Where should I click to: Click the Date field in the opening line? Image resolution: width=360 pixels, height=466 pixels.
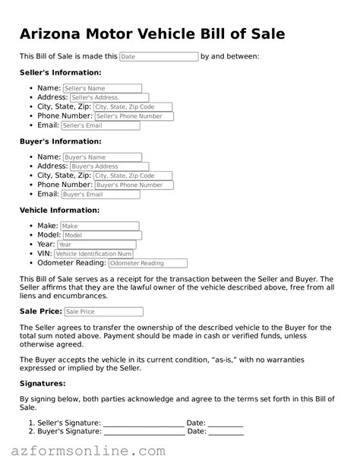coord(159,57)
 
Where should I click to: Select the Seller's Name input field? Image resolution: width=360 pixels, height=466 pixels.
coord(102,88)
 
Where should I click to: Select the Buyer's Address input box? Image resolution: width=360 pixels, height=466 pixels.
coord(109,166)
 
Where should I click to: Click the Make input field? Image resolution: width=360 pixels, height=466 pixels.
coord(99,226)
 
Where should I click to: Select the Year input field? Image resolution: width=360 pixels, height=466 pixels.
coord(85,245)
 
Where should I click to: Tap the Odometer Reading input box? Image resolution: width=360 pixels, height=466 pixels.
coord(147,263)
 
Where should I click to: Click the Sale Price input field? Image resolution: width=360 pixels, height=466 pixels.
coord(103,312)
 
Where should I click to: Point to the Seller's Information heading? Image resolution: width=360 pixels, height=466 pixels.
coord(60,73)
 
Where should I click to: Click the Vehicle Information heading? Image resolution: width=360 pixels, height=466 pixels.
coord(59,210)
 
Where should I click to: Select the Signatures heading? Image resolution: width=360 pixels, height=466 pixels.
coord(43,384)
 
